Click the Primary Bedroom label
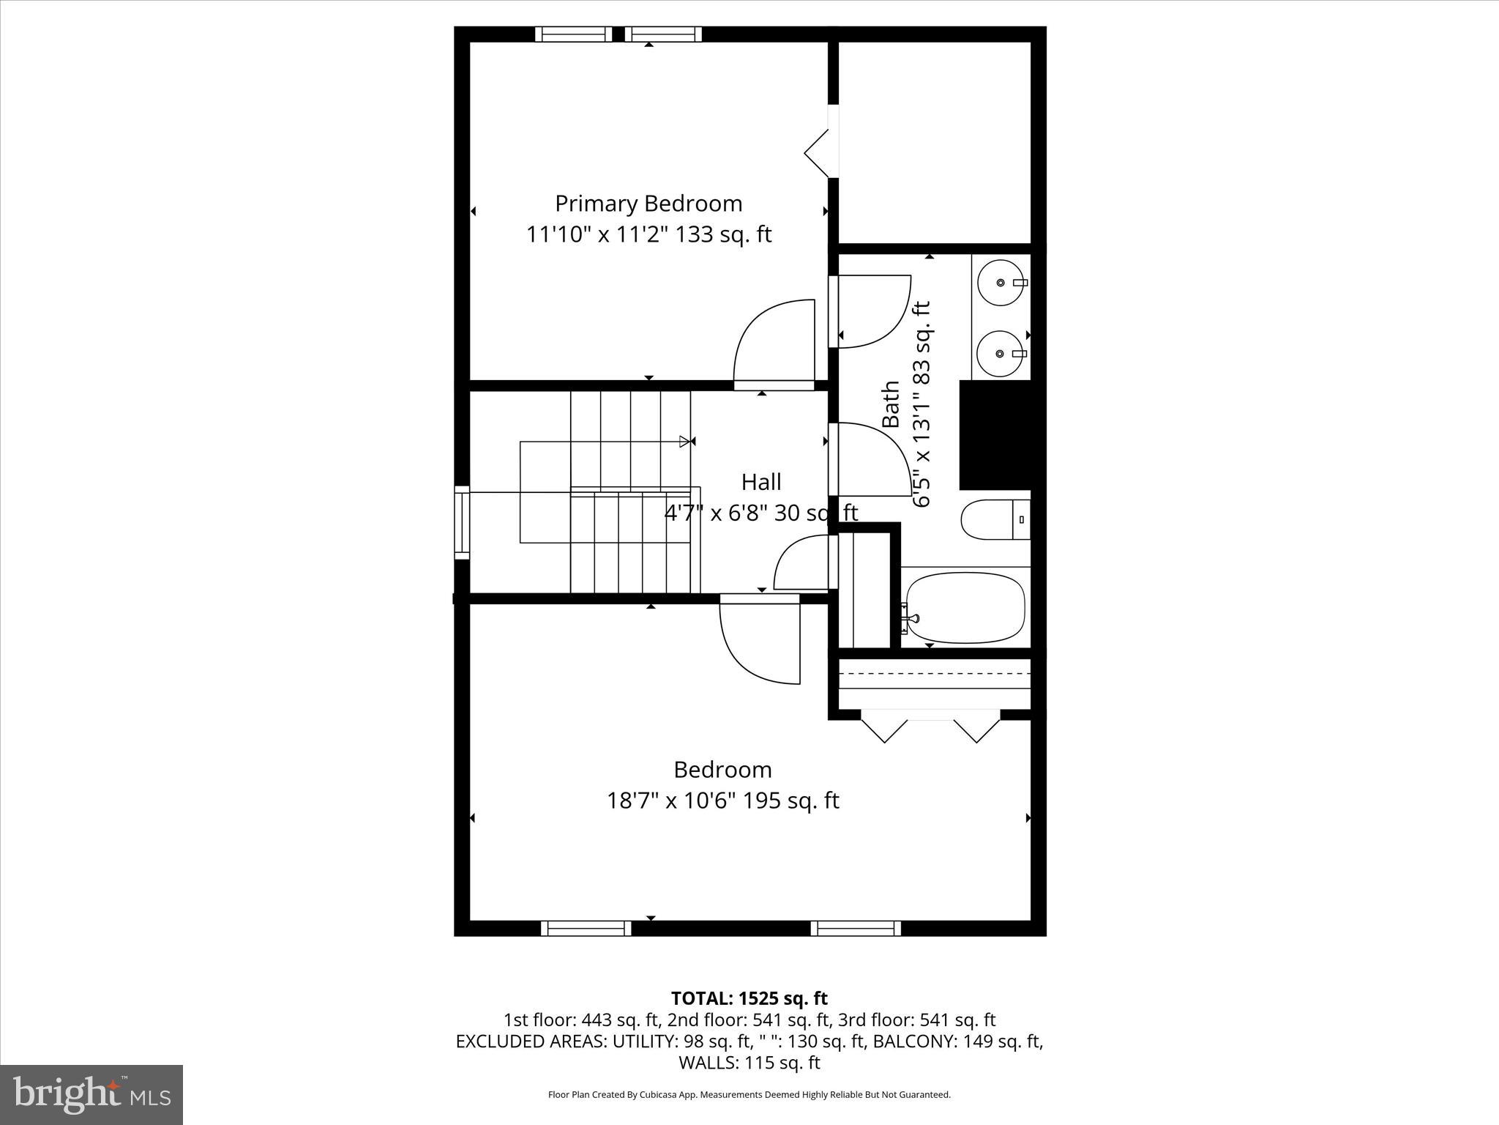click(x=648, y=203)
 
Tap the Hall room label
click(x=761, y=482)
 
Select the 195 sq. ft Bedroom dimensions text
click(x=722, y=801)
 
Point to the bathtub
click(x=965, y=607)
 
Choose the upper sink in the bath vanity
click(x=1001, y=282)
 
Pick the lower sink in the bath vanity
click(x=1001, y=354)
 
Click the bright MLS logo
click(x=91, y=1094)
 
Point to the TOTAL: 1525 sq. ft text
click(x=749, y=998)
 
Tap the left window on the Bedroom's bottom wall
click(x=586, y=928)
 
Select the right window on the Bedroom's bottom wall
click(x=856, y=928)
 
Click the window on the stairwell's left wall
click(x=462, y=522)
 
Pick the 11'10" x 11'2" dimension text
click(x=648, y=234)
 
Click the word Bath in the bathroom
click(x=891, y=404)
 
